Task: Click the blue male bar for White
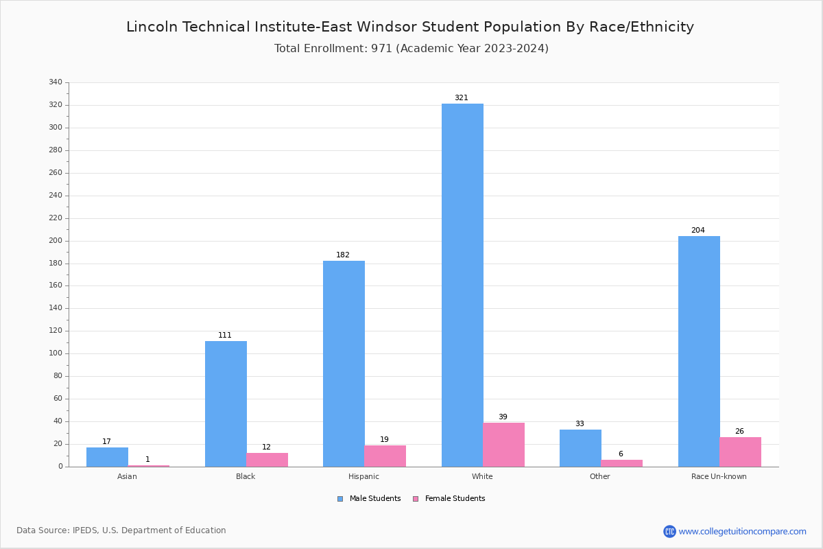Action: coord(462,285)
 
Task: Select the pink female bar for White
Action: coord(503,445)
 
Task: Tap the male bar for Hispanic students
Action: coord(344,364)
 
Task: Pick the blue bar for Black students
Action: coord(226,404)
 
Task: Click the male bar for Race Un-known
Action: coord(699,351)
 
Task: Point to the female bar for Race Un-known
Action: coord(740,452)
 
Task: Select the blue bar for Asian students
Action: coord(107,457)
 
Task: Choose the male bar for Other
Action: coord(580,448)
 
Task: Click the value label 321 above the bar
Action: coord(462,98)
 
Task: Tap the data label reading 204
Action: coord(698,231)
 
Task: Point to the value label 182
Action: coord(343,255)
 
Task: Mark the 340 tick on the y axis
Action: coord(56,82)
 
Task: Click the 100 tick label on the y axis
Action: coord(56,353)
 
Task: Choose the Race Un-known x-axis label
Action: coord(719,476)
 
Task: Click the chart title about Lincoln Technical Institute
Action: coord(410,27)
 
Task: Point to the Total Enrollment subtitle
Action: coord(411,49)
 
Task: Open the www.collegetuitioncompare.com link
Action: coord(742,531)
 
